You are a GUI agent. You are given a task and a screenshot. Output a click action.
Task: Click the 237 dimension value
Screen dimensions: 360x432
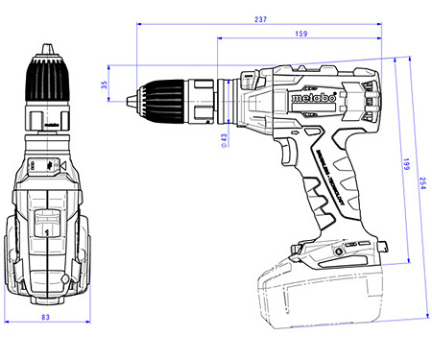260,18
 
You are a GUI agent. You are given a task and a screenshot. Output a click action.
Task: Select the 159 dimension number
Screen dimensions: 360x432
301,36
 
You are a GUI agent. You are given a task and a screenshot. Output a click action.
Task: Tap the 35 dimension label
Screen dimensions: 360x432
105,85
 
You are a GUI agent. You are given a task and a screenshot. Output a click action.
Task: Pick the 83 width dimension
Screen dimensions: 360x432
45,319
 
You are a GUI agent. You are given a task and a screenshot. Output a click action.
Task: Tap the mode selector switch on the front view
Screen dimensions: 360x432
45,166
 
